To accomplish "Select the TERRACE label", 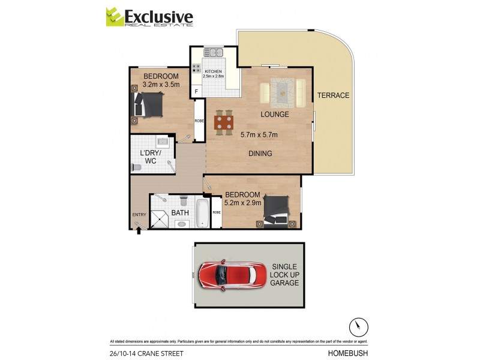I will pyautogui.click(x=333, y=95).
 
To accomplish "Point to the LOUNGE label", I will pyautogui.click(x=274, y=114).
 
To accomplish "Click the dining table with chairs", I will pyautogui.click(x=224, y=123).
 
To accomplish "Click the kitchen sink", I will pyautogui.click(x=214, y=53).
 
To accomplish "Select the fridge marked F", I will pyautogui.click(x=196, y=91).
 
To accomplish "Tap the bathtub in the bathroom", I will pyautogui.click(x=202, y=214).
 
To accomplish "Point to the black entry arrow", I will pyautogui.click(x=139, y=230).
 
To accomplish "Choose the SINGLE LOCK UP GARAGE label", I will pyautogui.click(x=284, y=274).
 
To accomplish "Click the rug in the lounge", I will pyautogui.click(x=282, y=92).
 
